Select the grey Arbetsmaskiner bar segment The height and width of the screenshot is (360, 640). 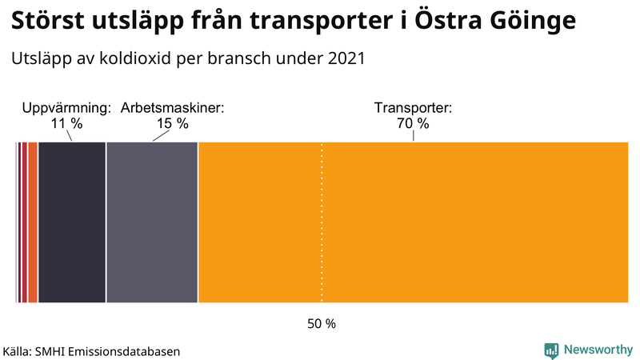coord(152,222)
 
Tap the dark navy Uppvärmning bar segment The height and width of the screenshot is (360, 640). coord(72,222)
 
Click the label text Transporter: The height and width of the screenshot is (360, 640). coord(413,108)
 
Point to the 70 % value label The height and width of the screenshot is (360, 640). coord(413,124)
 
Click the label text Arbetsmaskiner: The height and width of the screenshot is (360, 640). coord(172,108)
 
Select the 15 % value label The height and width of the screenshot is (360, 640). coord(172,124)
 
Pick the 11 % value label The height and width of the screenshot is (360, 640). coord(66,124)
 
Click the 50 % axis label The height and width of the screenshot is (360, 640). coord(322,324)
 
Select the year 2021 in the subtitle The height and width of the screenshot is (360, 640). coord(346,59)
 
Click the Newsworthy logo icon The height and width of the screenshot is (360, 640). coord(551,350)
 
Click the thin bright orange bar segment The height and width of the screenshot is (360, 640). coord(33,222)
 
